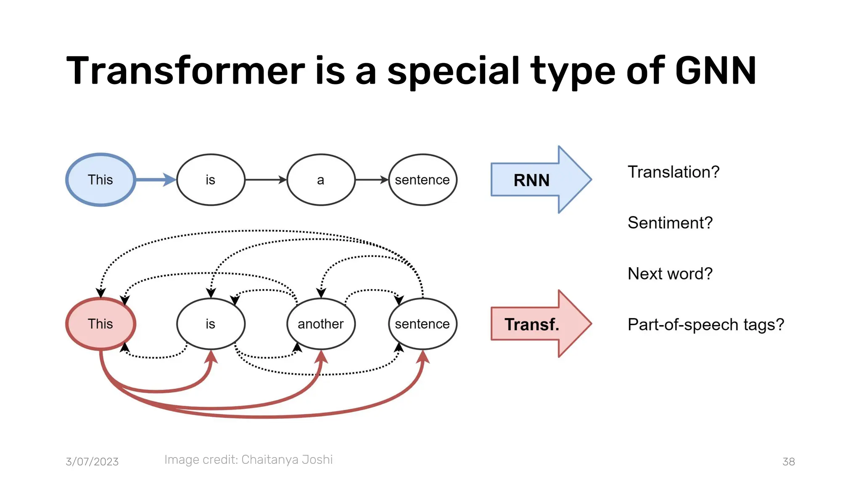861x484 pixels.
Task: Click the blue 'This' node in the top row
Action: coord(100,180)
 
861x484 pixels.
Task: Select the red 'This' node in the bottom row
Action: coord(100,324)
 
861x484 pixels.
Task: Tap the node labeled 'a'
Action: coord(321,180)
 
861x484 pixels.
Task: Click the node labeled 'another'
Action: coord(321,324)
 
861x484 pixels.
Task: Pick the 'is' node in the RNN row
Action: coord(211,180)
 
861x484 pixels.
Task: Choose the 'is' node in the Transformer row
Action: coord(211,324)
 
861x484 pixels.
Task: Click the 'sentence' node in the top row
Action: coord(422,180)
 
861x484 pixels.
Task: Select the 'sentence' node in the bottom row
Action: coord(422,324)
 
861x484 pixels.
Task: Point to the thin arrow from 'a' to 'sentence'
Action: coord(371,180)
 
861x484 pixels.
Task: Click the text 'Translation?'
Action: coord(673,172)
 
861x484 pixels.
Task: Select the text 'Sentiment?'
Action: coord(670,223)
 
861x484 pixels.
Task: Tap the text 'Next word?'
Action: coord(670,274)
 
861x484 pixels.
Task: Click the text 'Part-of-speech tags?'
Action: coord(706,325)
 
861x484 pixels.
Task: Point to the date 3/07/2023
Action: coord(92,462)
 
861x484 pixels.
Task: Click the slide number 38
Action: coord(788,462)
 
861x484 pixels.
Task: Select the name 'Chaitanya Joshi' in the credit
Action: coord(287,460)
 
